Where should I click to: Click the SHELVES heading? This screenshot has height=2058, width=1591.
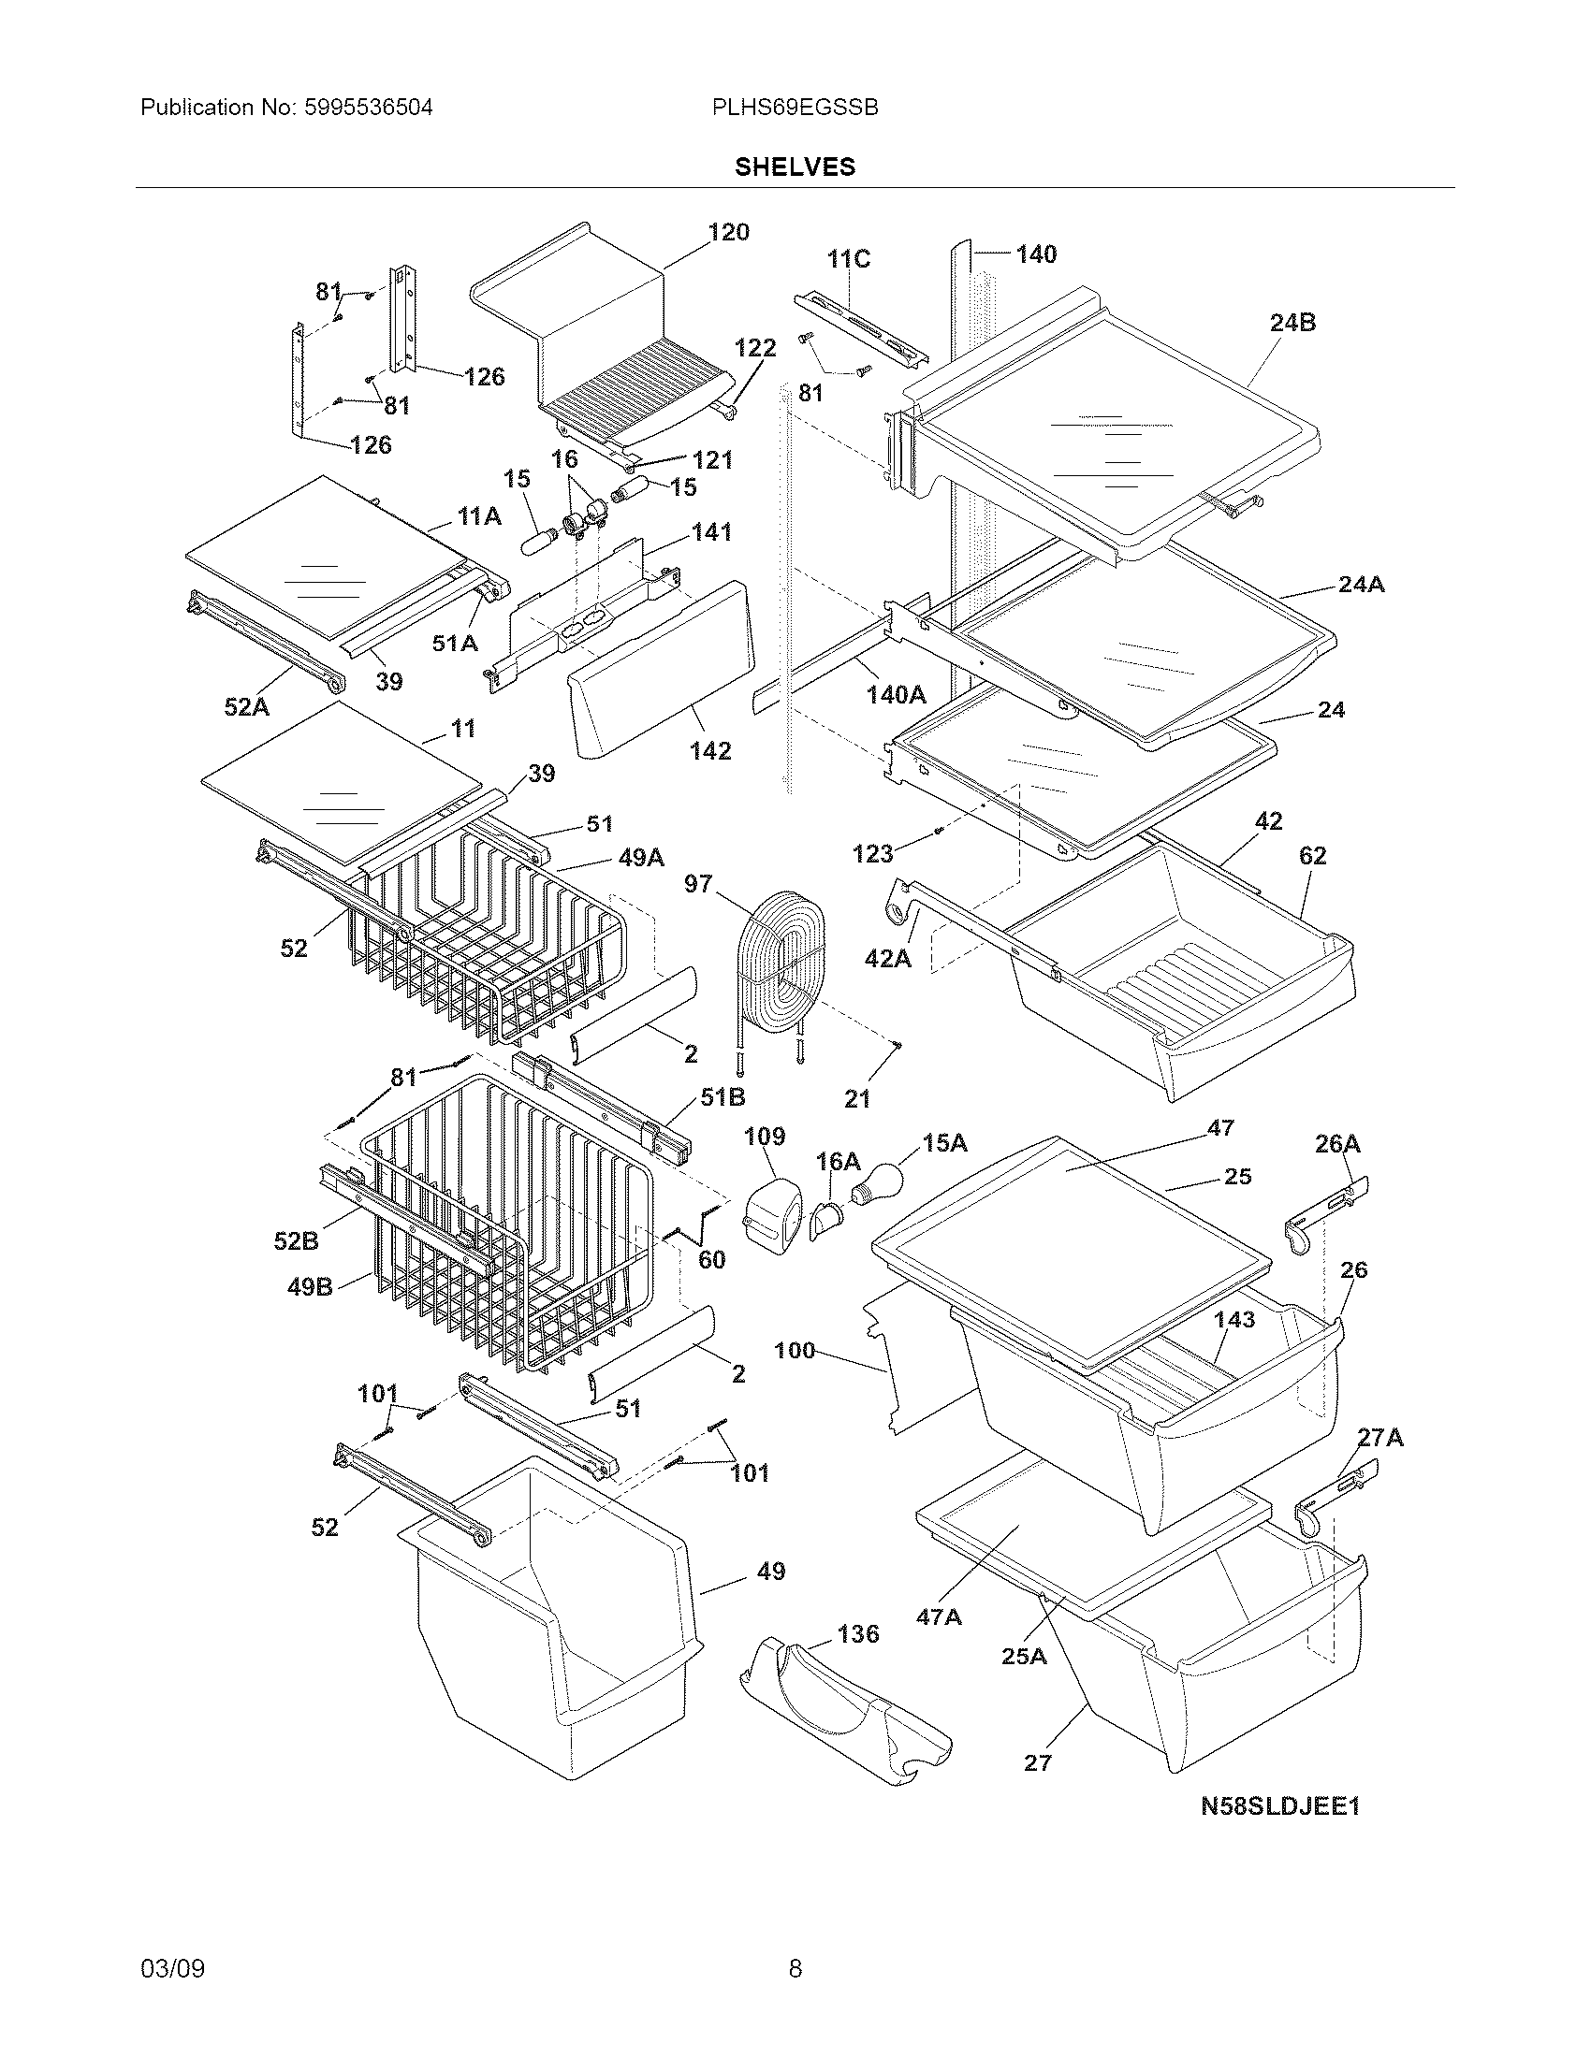(795, 167)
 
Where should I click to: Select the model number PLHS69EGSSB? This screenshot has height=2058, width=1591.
(795, 108)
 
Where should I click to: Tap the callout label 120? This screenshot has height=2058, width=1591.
(727, 232)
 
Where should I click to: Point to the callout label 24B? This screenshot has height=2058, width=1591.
(1292, 323)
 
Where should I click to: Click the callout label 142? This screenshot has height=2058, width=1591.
(709, 750)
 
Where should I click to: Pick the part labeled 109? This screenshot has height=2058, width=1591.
(773, 1208)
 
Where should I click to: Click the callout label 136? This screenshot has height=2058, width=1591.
(856, 1633)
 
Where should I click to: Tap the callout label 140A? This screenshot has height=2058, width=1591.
(897, 694)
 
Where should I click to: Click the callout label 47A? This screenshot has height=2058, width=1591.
(939, 1616)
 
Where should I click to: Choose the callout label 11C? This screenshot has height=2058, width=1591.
(848, 258)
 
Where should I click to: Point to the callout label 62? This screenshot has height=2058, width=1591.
(1312, 855)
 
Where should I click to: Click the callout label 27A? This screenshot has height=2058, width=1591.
(1379, 1437)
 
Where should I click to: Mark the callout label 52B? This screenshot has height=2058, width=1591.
(296, 1241)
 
